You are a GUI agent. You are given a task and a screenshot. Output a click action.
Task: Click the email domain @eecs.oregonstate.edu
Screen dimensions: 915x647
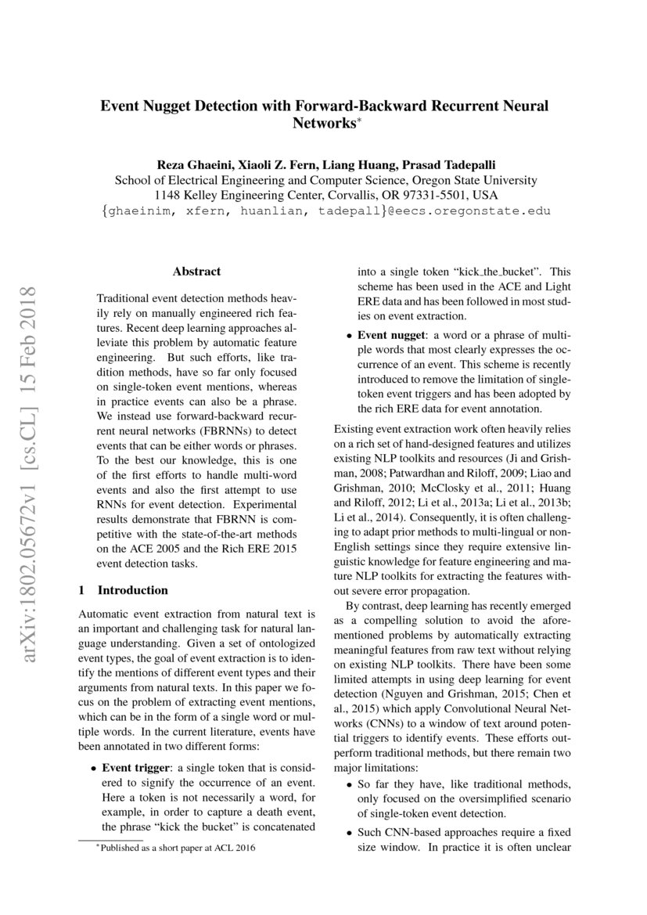point(465,211)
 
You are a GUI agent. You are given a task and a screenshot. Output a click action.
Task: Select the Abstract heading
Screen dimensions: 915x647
point(196,272)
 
